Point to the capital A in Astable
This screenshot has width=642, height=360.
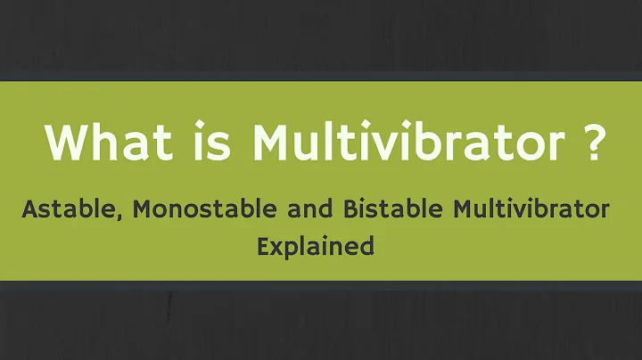pyautogui.click(x=29, y=210)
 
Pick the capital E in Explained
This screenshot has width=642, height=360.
pyautogui.click(x=263, y=246)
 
